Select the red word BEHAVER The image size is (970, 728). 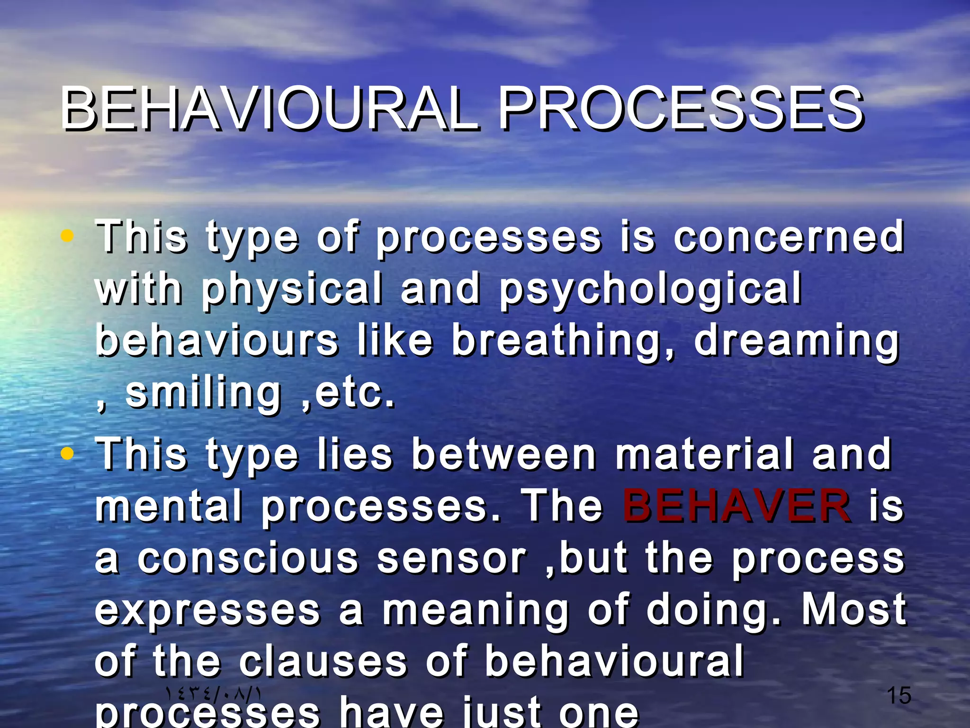click(x=736, y=506)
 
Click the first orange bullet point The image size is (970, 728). click(x=68, y=236)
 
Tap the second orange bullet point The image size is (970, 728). click(x=68, y=454)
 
